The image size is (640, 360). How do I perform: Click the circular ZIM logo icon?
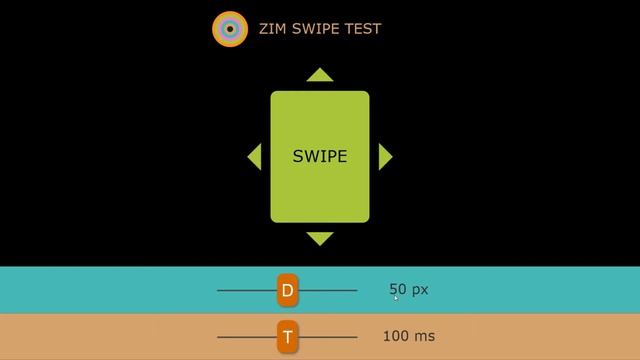(230, 29)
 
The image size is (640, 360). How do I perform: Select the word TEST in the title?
(362, 29)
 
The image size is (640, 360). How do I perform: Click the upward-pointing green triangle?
(320, 75)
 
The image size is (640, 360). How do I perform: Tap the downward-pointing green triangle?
(320, 238)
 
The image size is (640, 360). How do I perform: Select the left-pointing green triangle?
(255, 157)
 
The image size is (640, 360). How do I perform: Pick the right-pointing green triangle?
(385, 157)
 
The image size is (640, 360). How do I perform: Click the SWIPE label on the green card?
(320, 157)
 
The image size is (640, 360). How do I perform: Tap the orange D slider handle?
(288, 291)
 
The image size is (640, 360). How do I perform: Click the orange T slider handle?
(288, 337)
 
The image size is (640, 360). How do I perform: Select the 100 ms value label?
(409, 336)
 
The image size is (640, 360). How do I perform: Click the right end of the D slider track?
(355, 291)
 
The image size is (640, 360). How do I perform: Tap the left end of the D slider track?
(220, 291)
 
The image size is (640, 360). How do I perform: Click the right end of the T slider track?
(355, 337)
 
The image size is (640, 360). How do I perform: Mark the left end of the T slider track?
(220, 337)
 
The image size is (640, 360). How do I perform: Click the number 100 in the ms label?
(397, 336)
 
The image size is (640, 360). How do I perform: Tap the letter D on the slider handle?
(288, 291)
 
